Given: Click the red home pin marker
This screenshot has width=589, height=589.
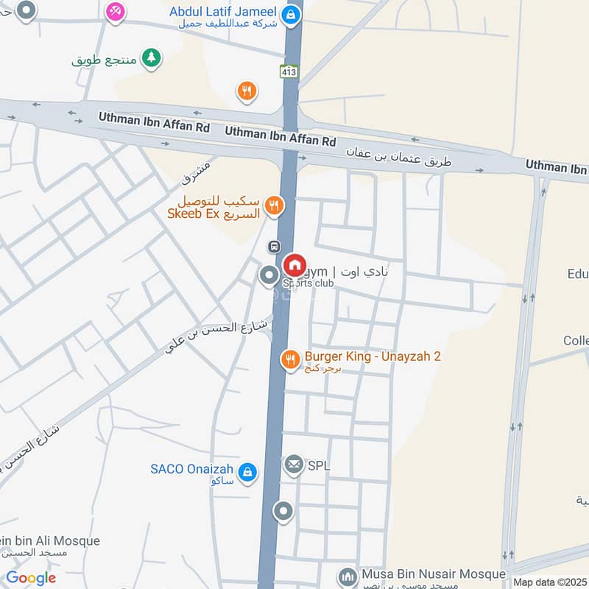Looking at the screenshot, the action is (x=294, y=265).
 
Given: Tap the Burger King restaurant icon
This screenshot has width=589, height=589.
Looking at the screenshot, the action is (x=290, y=359).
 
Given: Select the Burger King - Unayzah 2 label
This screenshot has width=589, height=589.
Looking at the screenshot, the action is (x=373, y=357).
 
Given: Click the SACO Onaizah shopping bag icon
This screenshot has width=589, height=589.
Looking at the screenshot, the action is (x=247, y=470).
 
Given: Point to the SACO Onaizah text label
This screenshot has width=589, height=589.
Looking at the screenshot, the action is (x=191, y=469).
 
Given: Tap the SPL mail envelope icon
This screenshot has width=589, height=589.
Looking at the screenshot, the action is (x=294, y=465).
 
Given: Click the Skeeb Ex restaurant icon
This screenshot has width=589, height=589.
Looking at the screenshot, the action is (x=275, y=205).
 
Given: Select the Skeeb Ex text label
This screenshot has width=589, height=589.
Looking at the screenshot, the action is (x=219, y=207).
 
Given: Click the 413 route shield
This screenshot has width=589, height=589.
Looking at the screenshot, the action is (x=289, y=71).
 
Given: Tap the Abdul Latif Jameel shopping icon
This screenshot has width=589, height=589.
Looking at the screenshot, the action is (x=292, y=13).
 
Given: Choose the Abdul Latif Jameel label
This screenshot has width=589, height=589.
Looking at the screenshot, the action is (x=222, y=12).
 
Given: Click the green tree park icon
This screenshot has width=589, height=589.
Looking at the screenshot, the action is (x=152, y=57).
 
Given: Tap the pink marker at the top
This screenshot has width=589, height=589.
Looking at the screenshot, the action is (x=114, y=10).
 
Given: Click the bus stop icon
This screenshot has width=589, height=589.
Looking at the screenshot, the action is (x=274, y=247).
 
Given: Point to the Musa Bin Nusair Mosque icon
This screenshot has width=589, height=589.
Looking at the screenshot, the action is (x=347, y=575).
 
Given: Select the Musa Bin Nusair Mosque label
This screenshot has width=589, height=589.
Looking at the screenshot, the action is (x=434, y=574).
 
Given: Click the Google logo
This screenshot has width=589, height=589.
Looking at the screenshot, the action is (x=31, y=578).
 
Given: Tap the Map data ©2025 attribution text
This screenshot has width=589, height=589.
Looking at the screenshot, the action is (x=550, y=581).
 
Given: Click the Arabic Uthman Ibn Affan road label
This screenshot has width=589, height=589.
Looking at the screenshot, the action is (x=399, y=156).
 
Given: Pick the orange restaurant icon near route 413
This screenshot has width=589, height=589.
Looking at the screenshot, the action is (x=247, y=91).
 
